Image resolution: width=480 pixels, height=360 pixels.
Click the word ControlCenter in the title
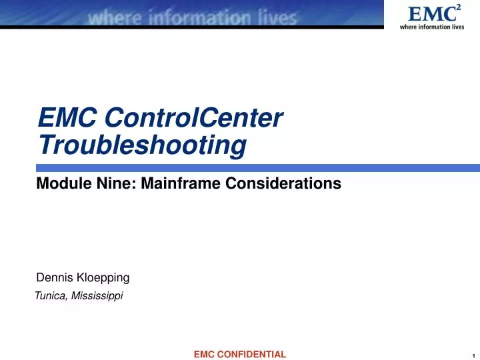(194, 119)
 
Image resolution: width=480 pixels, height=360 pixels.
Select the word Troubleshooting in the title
(142, 145)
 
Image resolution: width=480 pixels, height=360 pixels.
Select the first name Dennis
(53, 277)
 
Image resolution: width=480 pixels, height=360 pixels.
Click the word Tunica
(48, 296)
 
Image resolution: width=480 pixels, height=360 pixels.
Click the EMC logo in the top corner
(429, 13)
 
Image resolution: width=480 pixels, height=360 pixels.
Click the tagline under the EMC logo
(431, 27)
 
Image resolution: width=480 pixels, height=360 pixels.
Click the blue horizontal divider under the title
(257, 167)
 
